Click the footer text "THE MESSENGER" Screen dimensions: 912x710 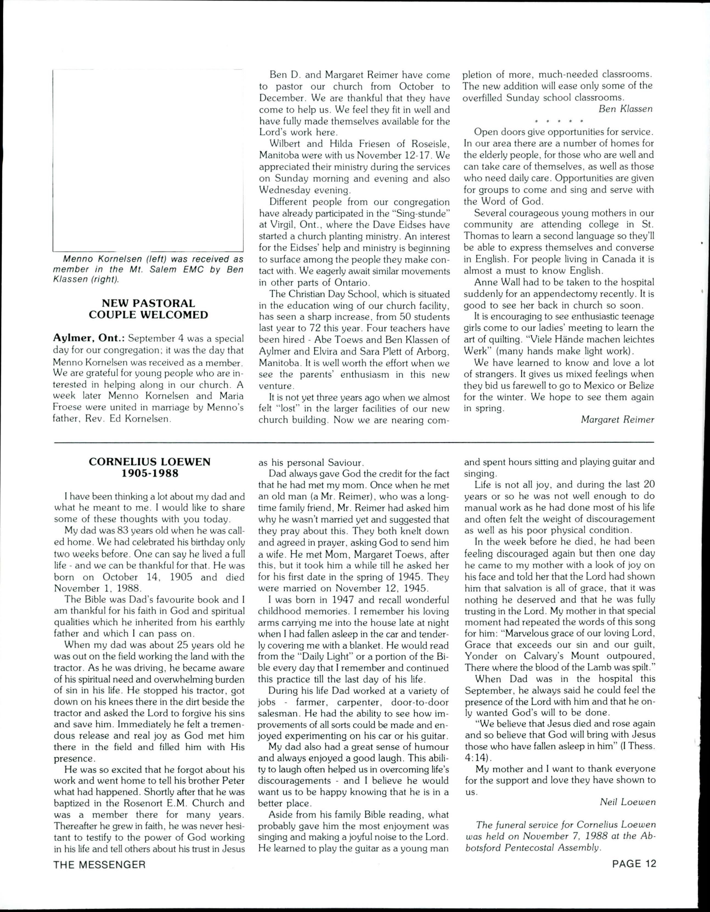[x=99, y=865]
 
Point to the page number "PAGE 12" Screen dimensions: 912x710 [x=634, y=864]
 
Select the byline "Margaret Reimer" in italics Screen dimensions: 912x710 [x=617, y=420]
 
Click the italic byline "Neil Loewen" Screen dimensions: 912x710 [x=627, y=801]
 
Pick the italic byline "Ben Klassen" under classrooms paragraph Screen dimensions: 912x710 [x=625, y=109]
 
